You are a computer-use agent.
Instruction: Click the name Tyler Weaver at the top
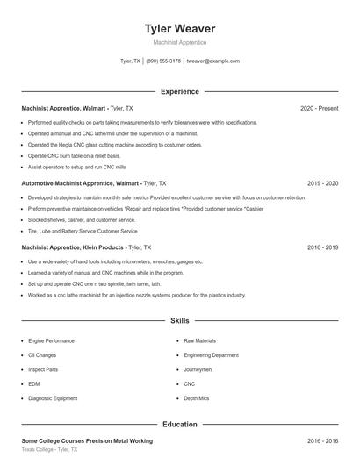pos(179,29)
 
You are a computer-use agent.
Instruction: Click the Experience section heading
pos(179,91)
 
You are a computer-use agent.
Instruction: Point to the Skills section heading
pos(179,322)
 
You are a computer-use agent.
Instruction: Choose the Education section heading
pos(179,424)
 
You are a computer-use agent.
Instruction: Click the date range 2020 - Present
pos(319,108)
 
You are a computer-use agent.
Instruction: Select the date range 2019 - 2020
pos(322,183)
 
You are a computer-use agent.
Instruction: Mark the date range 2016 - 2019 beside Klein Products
pos(322,247)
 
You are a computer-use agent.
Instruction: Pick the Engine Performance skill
pos(51,340)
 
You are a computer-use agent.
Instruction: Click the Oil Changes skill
pos(42,355)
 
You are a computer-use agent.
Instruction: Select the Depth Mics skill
pos(197,398)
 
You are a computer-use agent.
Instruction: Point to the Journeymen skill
pos(198,369)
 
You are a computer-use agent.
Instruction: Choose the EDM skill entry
pos(34,383)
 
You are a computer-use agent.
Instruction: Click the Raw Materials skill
pos(199,340)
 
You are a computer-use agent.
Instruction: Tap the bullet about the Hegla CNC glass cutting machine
pos(114,145)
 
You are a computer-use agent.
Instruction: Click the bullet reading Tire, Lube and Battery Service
pos(83,231)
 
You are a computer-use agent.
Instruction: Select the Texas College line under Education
pos(49,449)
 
